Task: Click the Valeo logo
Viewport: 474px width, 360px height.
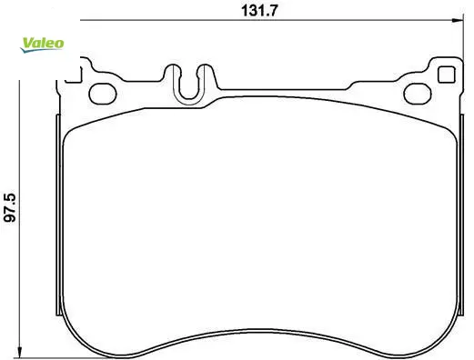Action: pyautogui.click(x=42, y=45)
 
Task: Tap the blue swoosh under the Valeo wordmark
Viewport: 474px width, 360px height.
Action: pyautogui.click(x=39, y=50)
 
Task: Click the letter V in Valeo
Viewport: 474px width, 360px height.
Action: pyautogui.click(x=28, y=43)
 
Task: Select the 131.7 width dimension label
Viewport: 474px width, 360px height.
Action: pyautogui.click(x=259, y=11)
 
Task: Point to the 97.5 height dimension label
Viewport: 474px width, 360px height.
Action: pyautogui.click(x=10, y=207)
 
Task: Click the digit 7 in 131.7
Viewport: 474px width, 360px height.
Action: pyautogui.click(x=272, y=11)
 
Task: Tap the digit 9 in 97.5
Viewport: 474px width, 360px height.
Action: pyautogui.click(x=10, y=218)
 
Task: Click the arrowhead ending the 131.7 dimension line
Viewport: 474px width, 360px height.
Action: pyautogui.click(x=459, y=20)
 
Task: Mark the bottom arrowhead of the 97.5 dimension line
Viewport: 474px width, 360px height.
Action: pyautogui.click(x=19, y=353)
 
